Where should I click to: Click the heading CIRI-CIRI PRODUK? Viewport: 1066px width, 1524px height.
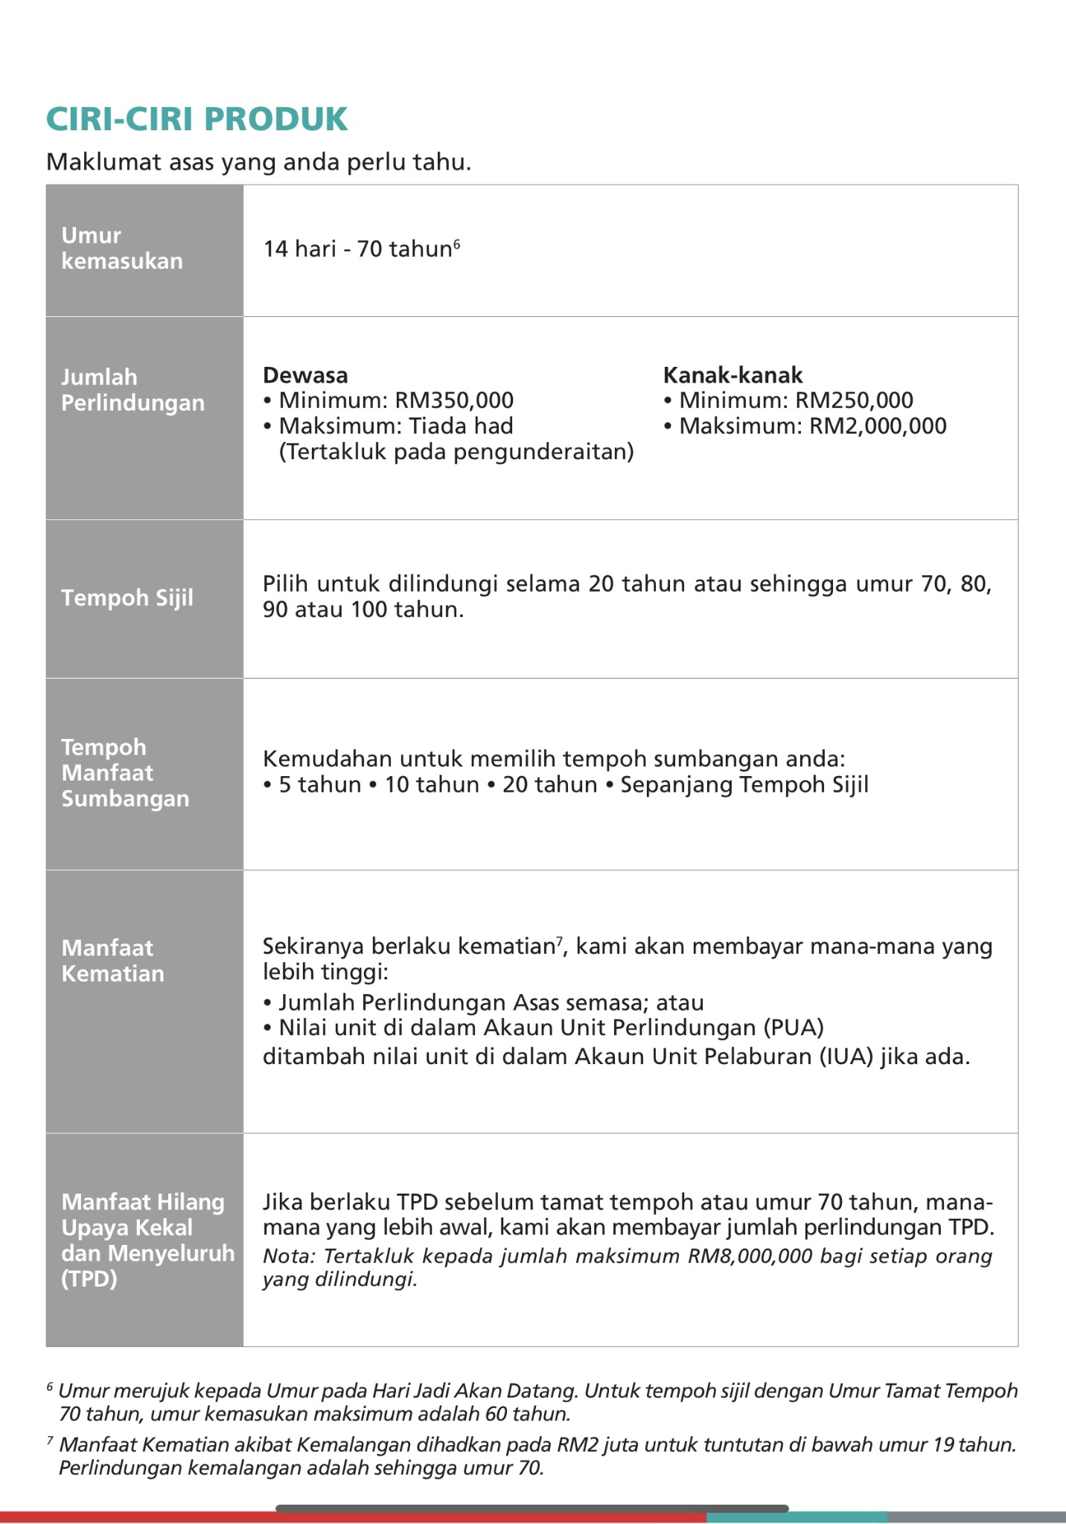pos(197,119)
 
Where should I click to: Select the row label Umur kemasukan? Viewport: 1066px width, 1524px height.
pos(122,248)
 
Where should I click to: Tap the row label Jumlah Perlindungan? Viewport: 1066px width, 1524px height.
pos(133,390)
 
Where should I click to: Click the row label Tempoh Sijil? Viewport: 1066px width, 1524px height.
pos(127,598)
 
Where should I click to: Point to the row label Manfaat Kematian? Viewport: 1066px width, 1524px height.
pos(112,961)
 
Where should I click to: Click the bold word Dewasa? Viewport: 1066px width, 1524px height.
pos(305,375)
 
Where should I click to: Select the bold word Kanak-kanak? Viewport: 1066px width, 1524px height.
pos(733,375)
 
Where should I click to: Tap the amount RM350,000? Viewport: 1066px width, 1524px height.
pos(454,400)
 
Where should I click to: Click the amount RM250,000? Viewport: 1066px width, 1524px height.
pos(854,400)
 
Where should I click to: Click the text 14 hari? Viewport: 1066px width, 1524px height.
pos(299,249)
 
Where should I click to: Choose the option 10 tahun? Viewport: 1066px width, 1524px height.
pos(431,785)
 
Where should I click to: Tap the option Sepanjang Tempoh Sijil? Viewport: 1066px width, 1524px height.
pos(744,785)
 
